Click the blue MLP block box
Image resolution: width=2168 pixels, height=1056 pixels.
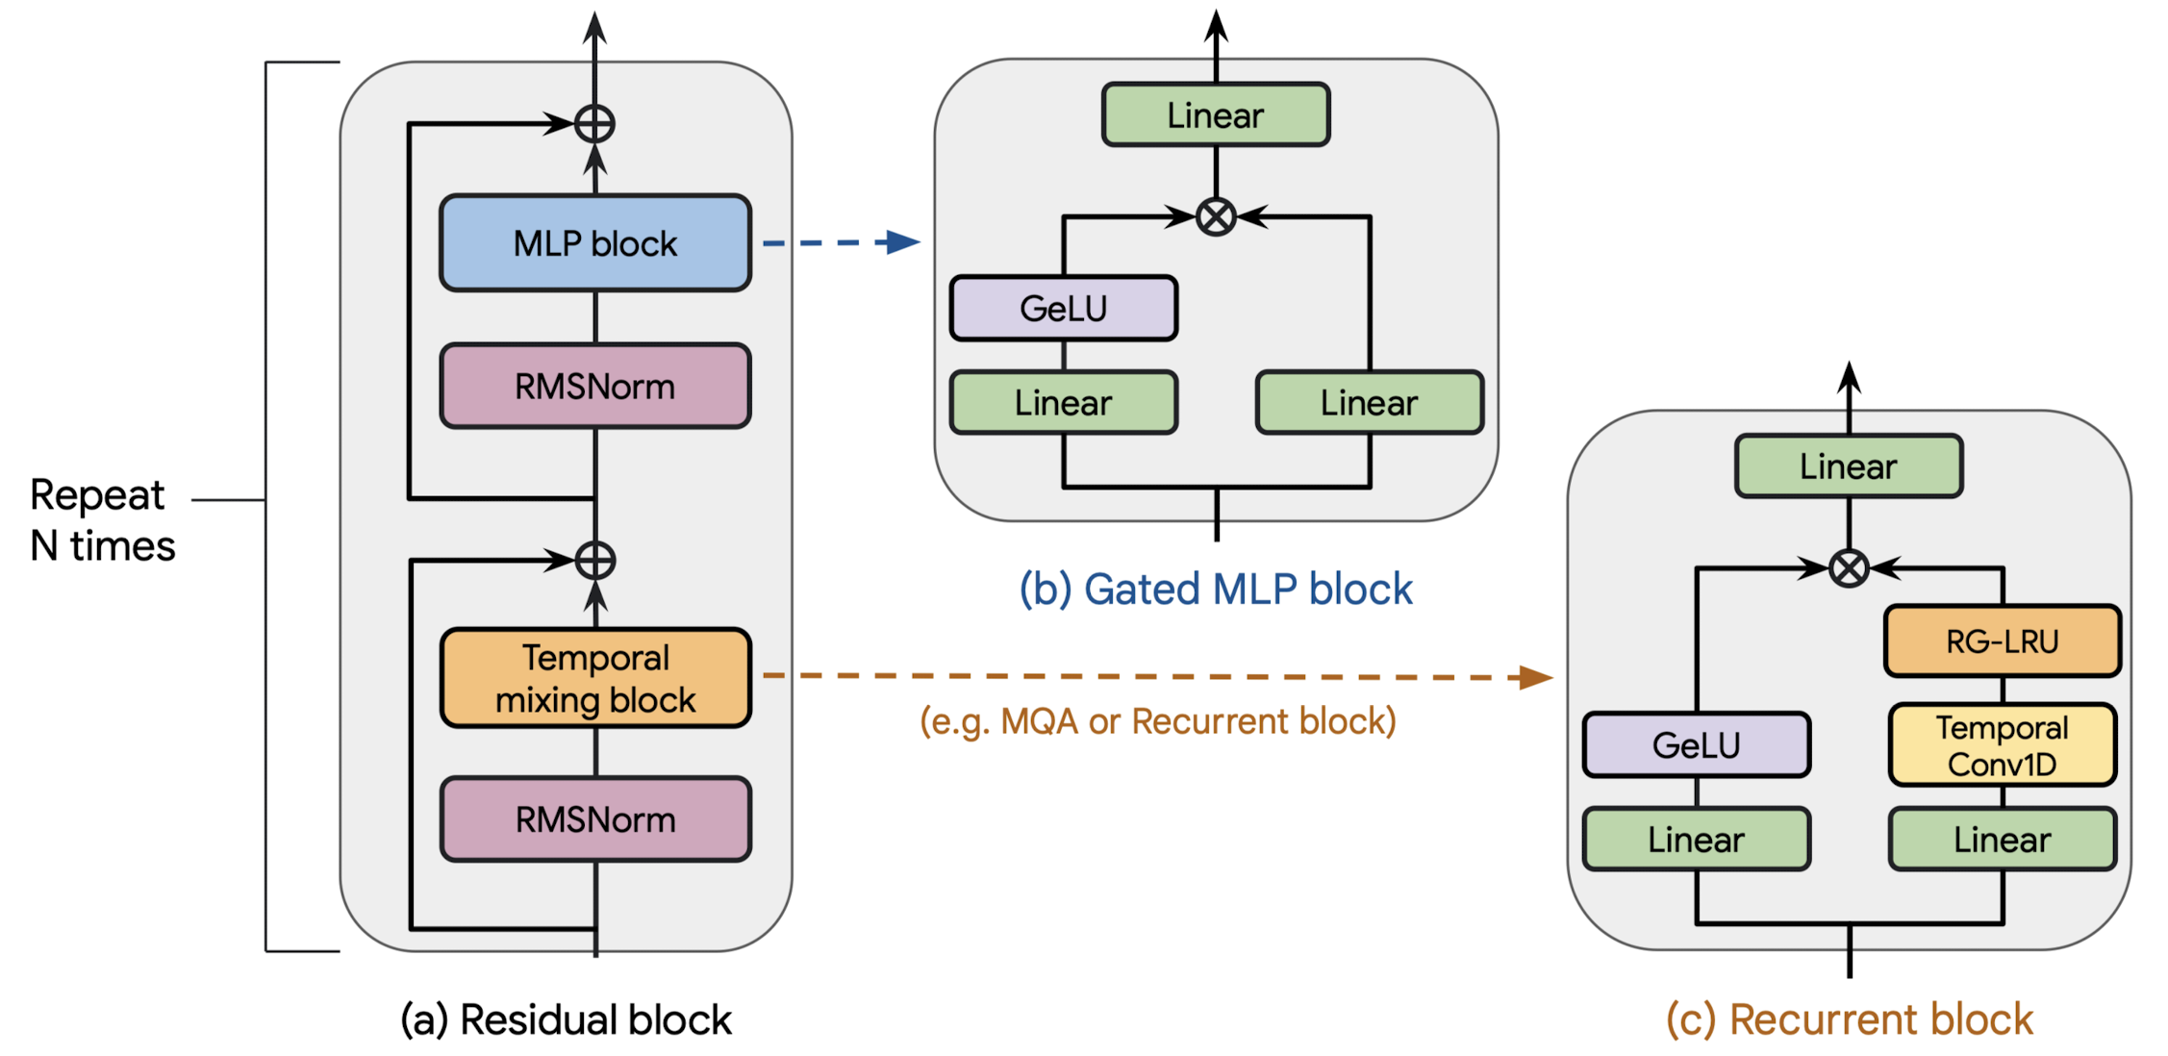coord(595,242)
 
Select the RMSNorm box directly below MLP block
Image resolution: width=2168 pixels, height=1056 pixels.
coord(595,386)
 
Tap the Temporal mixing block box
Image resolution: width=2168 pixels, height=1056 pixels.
coord(595,678)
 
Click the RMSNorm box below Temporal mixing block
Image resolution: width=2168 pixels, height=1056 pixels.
coord(595,819)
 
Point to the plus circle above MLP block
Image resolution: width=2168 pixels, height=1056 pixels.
coord(594,124)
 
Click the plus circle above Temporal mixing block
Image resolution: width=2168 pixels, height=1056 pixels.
coord(595,561)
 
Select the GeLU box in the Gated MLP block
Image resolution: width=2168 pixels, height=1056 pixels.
coord(1064,309)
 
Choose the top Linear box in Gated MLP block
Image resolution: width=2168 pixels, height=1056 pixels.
coord(1216,115)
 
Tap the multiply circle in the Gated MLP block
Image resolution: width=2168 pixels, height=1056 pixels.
coord(1216,216)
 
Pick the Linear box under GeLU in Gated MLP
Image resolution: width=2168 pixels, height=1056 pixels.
coord(1064,403)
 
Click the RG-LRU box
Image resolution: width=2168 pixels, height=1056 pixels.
coord(2003,641)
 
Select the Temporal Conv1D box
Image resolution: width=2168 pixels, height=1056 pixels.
coord(2003,745)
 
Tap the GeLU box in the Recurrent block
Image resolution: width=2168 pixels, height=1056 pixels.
coord(1697,745)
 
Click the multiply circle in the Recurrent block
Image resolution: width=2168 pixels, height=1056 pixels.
coord(1849,568)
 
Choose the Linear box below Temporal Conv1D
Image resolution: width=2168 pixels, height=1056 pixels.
coord(2003,840)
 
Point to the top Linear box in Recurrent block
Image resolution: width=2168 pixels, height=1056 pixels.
coord(1849,466)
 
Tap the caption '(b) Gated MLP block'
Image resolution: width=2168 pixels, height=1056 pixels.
coord(1216,589)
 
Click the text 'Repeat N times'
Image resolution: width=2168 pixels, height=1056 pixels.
coord(102,520)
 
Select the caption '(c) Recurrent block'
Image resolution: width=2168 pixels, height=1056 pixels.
coord(1850,1019)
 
